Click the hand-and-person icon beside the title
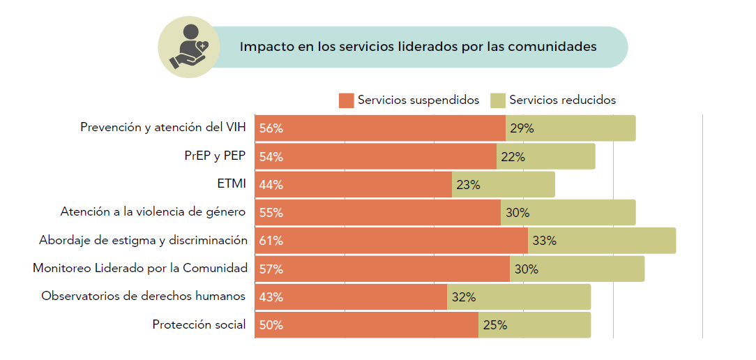pyautogui.click(x=189, y=47)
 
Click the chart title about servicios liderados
pyautogui.click(x=418, y=47)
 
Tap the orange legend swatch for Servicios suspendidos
pyautogui.click(x=346, y=100)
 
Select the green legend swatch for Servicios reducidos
pyautogui.click(x=498, y=100)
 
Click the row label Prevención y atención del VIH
pyautogui.click(x=163, y=128)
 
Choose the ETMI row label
pyautogui.click(x=232, y=184)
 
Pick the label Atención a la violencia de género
pyautogui.click(x=153, y=212)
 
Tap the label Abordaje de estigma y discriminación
pyautogui.click(x=143, y=241)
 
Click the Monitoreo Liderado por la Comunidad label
pyautogui.click(x=140, y=269)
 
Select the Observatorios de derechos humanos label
pyautogui.click(x=144, y=297)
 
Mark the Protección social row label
pyautogui.click(x=199, y=324)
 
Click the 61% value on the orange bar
pyautogui.click(x=271, y=241)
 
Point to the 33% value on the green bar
pyautogui.click(x=544, y=241)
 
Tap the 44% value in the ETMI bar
pyautogui.click(x=271, y=185)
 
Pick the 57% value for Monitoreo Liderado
pyautogui.click(x=271, y=269)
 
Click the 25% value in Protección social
pyautogui.click(x=494, y=325)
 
